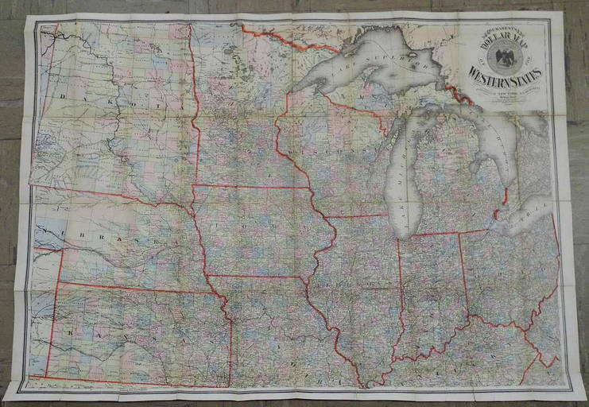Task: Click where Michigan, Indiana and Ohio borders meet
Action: [461, 233]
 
